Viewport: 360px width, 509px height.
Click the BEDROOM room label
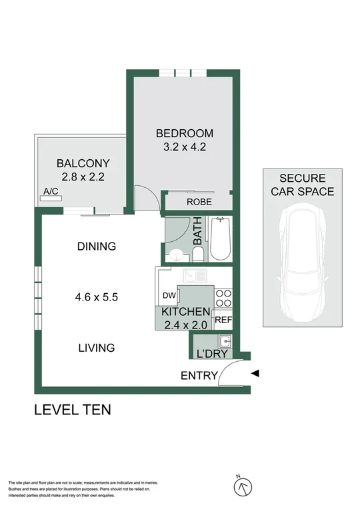point(184,133)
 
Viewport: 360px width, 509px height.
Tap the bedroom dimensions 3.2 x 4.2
point(184,147)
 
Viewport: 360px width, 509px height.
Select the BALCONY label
point(83,163)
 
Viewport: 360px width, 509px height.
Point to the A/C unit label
point(51,192)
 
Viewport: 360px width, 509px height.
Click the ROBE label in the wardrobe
point(199,201)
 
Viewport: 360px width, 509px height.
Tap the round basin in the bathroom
point(176,254)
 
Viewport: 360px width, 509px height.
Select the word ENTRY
point(199,376)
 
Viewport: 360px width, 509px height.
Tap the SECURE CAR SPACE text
point(303,185)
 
